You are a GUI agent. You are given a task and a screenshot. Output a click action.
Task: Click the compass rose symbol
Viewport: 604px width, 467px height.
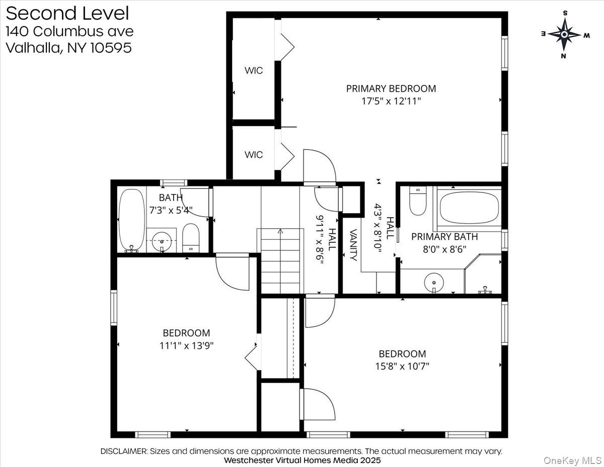pos(564,34)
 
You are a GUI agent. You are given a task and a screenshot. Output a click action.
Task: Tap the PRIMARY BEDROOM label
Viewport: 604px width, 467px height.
pos(391,89)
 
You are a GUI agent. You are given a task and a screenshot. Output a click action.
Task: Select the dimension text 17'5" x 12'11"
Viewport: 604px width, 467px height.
pos(391,101)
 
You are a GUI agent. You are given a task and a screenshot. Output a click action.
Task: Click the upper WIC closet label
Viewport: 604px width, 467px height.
pos(254,71)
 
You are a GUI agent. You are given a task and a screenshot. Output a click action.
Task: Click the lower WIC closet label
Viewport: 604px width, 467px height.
pos(254,155)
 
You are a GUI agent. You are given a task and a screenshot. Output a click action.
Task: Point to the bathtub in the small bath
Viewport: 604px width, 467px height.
pos(131,220)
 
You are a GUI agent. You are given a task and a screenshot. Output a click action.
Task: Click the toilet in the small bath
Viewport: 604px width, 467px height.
pos(191,238)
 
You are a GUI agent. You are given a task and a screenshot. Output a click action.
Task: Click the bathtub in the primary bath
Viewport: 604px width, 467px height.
pos(469,207)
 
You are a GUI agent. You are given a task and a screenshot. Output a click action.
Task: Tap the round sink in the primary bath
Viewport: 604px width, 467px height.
pos(432,283)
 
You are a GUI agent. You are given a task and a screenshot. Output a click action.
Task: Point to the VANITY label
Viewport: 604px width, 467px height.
pos(353,245)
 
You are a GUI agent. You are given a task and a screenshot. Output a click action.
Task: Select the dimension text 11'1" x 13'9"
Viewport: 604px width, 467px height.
pos(186,346)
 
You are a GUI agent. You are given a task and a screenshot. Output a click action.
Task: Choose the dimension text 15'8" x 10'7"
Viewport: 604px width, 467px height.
pos(402,366)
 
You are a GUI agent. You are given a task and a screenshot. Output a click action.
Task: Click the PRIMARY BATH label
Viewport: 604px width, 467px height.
pos(444,236)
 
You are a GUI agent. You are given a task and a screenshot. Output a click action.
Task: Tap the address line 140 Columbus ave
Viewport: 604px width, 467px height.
pos(69,31)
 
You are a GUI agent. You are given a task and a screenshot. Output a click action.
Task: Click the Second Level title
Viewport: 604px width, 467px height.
pos(67,13)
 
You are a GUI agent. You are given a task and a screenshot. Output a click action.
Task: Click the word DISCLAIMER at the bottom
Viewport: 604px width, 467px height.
pos(123,451)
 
